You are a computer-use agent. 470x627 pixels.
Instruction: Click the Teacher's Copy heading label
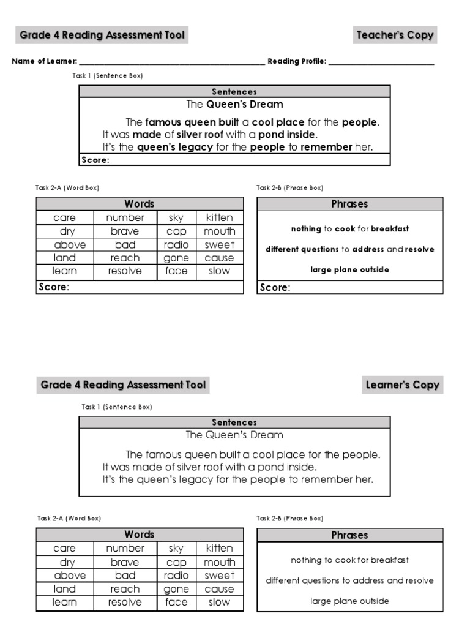pyautogui.click(x=395, y=36)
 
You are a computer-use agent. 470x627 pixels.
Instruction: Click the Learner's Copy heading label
pyautogui.click(x=402, y=385)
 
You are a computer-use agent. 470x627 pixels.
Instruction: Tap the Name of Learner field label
pyautogui.click(x=44, y=61)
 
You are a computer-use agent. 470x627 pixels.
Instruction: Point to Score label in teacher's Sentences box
pyautogui.click(x=95, y=160)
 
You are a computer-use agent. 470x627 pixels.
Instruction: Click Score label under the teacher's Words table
pyautogui.click(x=54, y=287)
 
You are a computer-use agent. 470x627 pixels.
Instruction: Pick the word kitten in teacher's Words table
pyautogui.click(x=219, y=217)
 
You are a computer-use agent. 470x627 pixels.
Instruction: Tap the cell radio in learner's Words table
pyautogui.click(x=176, y=576)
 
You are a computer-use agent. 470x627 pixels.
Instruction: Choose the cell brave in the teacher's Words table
pyautogui.click(x=125, y=231)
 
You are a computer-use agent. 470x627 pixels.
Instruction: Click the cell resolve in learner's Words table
pyautogui.click(x=125, y=602)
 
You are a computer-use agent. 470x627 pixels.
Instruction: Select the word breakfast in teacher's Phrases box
pyautogui.click(x=390, y=229)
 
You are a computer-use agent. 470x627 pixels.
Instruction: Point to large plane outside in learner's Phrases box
pyautogui.click(x=349, y=601)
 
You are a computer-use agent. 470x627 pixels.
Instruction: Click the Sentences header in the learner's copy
pyautogui.click(x=234, y=422)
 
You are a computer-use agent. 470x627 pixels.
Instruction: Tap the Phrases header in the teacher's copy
pyautogui.click(x=349, y=205)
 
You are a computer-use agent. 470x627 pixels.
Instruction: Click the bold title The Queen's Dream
pyautogui.click(x=234, y=104)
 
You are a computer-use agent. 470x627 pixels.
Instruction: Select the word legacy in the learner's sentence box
pyautogui.click(x=190, y=479)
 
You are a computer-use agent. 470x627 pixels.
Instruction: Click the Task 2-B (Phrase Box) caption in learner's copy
pyautogui.click(x=290, y=519)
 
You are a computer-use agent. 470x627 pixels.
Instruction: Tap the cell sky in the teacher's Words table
pyautogui.click(x=176, y=217)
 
